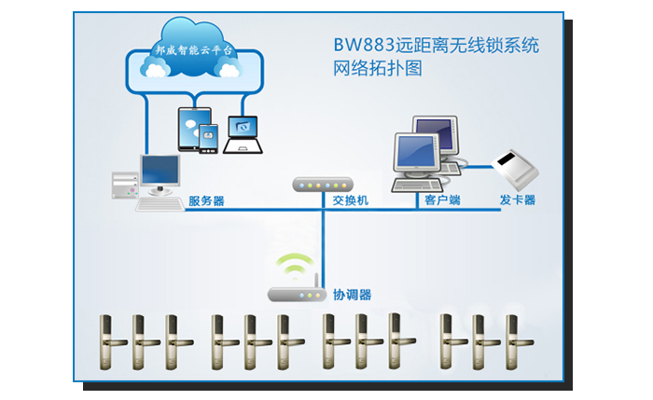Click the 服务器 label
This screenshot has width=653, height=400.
pyautogui.click(x=206, y=200)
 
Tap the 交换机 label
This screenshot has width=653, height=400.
pyautogui.click(x=351, y=200)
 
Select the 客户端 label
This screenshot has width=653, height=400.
pyautogui.click(x=442, y=200)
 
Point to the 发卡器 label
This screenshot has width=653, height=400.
pyautogui.click(x=517, y=200)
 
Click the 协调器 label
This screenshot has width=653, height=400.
pyautogui.click(x=353, y=295)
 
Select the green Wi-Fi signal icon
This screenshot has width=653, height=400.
pyautogui.click(x=298, y=264)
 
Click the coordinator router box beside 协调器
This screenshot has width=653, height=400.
pyautogui.click(x=296, y=294)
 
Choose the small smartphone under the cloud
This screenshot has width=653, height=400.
pyautogui.click(x=208, y=139)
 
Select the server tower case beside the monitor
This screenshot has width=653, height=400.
pyautogui.click(x=124, y=187)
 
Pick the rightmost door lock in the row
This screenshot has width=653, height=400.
pyautogui.click(x=512, y=340)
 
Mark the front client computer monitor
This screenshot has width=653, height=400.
pyautogui.click(x=415, y=154)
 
